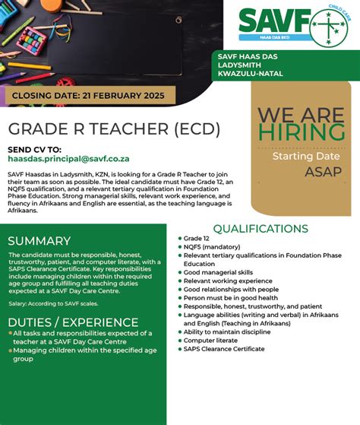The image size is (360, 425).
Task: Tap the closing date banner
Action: (88, 96)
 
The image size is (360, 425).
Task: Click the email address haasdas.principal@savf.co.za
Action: (68, 159)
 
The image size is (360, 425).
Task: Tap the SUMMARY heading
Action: (45, 241)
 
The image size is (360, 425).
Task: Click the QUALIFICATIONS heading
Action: (261, 229)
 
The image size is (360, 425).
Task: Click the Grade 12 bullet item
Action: (197, 239)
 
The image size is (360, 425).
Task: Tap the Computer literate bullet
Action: (210, 340)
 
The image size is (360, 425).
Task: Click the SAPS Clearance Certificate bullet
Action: (224, 349)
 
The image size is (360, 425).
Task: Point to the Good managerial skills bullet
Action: (218, 272)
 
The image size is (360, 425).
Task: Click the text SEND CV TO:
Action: (34, 149)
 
